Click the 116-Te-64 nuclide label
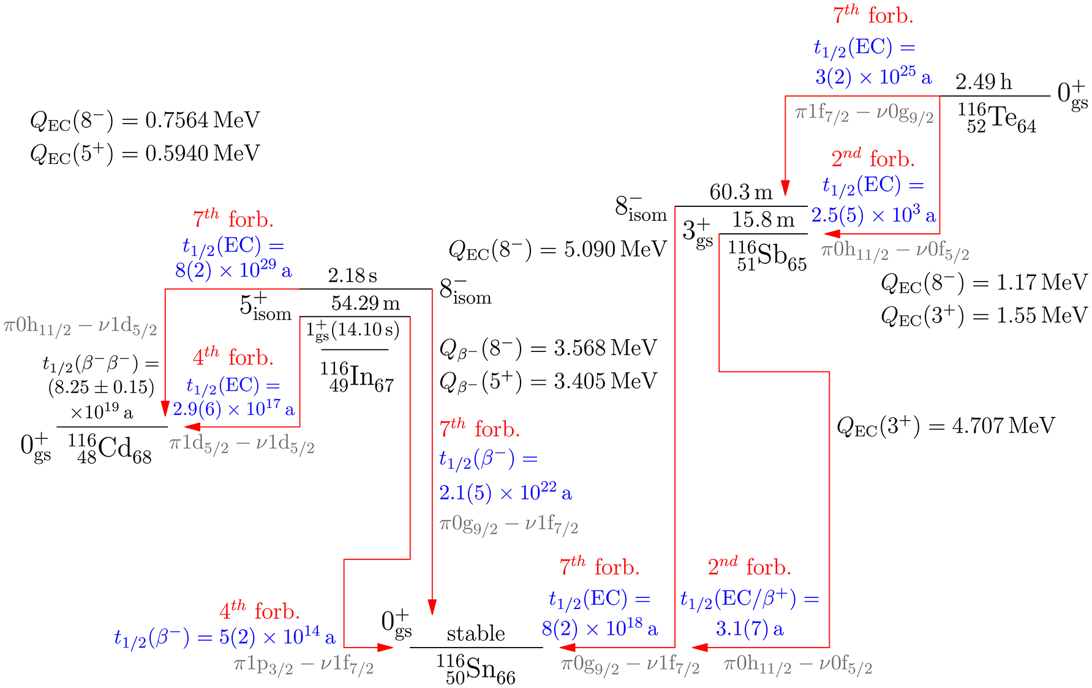[996, 118]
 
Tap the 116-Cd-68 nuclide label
[110, 449]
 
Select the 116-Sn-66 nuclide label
[476, 669]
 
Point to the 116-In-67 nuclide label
[356, 376]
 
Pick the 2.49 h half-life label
[984, 82]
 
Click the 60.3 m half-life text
[741, 192]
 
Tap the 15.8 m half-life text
[763, 220]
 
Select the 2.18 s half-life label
[352, 275]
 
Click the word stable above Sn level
[476, 634]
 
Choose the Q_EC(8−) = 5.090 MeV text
[557, 250]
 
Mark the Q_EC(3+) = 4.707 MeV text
[946, 426]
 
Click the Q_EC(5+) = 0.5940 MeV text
[145, 154]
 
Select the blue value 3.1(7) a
[750, 629]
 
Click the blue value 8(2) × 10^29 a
[233, 270]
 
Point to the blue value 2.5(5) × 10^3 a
[873, 215]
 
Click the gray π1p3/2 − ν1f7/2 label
[304, 665]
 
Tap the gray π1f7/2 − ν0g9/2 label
[864, 114]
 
